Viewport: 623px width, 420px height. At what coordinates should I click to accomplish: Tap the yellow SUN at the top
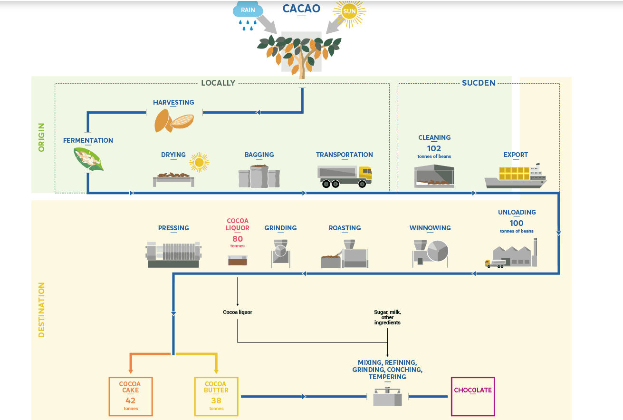[x=349, y=12]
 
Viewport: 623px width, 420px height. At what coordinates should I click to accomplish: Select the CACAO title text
[x=301, y=9]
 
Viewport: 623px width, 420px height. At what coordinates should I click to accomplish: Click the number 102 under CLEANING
[x=434, y=148]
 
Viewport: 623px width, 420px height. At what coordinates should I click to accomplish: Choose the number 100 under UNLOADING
[x=517, y=223]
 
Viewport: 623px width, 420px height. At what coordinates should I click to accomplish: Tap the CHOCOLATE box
[x=473, y=396]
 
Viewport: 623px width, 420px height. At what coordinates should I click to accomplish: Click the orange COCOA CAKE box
[x=130, y=396]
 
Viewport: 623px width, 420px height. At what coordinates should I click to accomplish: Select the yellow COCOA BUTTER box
[x=216, y=396]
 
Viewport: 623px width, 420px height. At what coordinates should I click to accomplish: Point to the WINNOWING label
[x=430, y=228]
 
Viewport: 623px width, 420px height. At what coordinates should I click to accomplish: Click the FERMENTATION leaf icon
[x=88, y=159]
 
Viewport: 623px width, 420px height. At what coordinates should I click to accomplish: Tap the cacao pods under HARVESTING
[x=173, y=121]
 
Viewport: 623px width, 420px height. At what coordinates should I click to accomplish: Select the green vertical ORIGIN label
[x=41, y=137]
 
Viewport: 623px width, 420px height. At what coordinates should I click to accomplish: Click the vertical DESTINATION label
[x=41, y=310]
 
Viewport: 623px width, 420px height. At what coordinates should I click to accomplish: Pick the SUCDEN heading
[x=479, y=83]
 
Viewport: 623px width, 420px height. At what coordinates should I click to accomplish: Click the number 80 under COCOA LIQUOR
[x=238, y=238]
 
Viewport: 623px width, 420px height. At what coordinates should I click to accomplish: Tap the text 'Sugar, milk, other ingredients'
[x=387, y=317]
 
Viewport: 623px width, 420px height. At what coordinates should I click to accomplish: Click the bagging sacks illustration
[x=259, y=176]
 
